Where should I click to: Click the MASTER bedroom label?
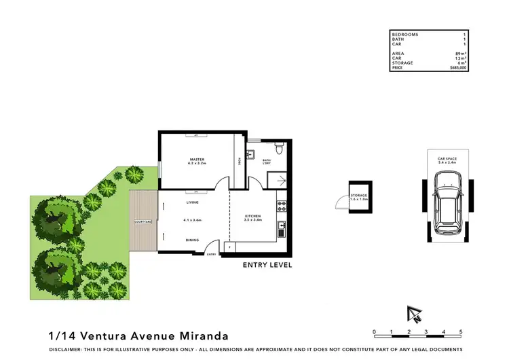pos(197,160)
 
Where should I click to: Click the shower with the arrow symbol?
pos(277,179)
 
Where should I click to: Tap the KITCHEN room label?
pos(253,217)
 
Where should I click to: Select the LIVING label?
pos(192,202)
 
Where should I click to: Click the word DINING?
pos(193,240)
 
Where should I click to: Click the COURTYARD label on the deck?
pos(142,221)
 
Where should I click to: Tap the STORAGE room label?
pos(358,196)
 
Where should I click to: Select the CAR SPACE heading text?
pos(447,158)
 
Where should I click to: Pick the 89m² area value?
pos(459,54)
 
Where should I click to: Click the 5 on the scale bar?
pos(461,332)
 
